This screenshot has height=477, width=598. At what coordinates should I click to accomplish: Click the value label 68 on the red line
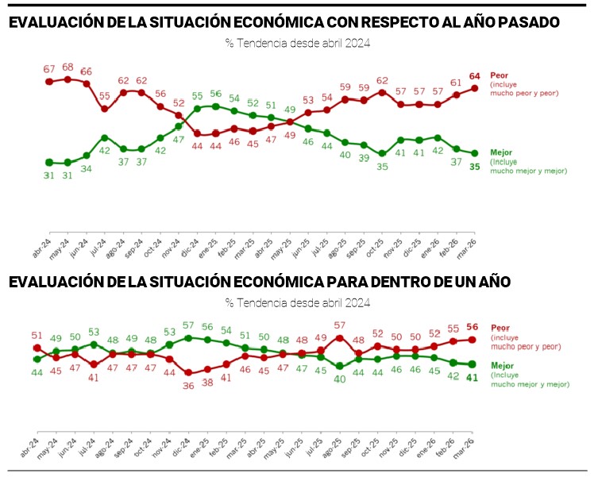[x=67, y=67]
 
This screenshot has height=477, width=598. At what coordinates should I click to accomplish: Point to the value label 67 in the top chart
[x=48, y=69]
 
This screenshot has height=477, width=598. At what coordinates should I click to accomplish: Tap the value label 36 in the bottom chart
[x=188, y=386]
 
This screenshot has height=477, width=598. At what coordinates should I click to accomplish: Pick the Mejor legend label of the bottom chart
[x=502, y=365]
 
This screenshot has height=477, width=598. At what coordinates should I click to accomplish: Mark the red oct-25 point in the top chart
[x=382, y=91]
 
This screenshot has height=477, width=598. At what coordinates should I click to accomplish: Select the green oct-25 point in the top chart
[x=382, y=153]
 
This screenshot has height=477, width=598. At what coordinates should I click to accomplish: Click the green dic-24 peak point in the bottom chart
[x=188, y=337]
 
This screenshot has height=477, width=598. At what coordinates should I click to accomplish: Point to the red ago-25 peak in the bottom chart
[x=340, y=337]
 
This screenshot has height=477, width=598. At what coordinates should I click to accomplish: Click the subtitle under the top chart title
[x=298, y=43]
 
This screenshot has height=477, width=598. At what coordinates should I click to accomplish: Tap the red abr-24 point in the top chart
[x=49, y=81]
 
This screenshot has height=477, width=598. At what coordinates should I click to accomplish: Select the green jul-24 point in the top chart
[x=105, y=137]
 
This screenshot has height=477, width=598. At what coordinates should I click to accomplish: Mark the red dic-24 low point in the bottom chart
[x=188, y=373]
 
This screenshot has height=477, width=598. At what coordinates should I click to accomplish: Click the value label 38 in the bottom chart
[x=207, y=382]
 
